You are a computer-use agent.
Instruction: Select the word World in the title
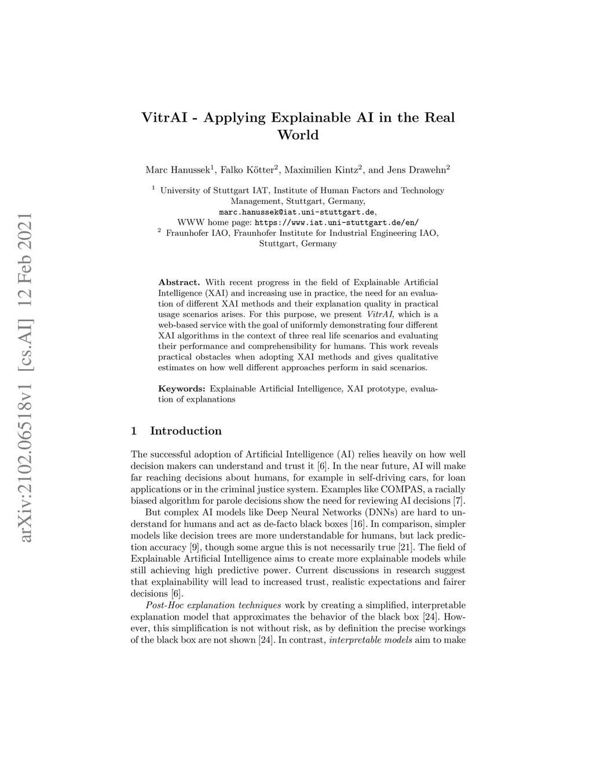point(298,136)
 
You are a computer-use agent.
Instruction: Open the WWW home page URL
point(336,223)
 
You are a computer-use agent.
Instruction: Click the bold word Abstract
point(179,282)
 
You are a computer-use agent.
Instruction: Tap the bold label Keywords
point(181,389)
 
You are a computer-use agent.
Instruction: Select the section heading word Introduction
point(185,431)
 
